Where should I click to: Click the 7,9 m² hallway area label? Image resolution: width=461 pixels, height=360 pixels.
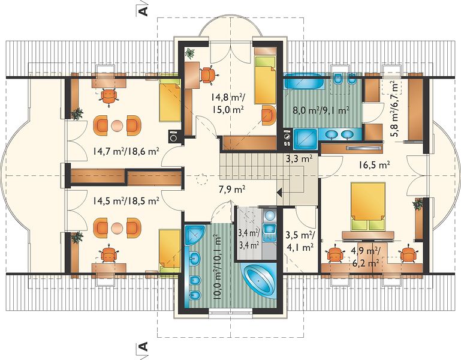click(232, 189)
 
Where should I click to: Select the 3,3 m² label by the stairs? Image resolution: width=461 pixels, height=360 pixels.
click(299, 159)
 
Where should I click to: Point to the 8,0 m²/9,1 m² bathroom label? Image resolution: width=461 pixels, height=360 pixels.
click(321, 110)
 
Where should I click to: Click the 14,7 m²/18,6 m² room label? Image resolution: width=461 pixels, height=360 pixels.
click(126, 151)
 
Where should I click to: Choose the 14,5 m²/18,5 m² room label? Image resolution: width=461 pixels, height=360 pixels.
click(126, 202)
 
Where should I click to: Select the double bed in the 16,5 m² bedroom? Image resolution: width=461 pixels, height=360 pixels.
click(368, 206)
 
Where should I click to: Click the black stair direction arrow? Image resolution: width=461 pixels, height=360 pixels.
click(280, 193)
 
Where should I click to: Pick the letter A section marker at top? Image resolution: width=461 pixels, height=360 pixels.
click(143, 11)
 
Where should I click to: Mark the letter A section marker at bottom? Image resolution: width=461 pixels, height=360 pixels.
click(143, 347)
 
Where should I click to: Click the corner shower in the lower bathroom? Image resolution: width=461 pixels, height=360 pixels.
click(195, 235)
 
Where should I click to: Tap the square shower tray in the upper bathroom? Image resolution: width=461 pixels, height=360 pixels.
click(305, 139)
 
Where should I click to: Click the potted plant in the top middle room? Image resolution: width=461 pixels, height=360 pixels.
click(189, 53)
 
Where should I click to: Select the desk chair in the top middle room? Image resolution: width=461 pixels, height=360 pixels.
click(207, 75)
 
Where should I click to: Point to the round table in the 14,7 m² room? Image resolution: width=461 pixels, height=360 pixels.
click(117, 125)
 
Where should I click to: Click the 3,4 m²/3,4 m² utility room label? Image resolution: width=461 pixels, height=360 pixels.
click(249, 239)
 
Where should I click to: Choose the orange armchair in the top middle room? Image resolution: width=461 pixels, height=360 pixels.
click(269, 115)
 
